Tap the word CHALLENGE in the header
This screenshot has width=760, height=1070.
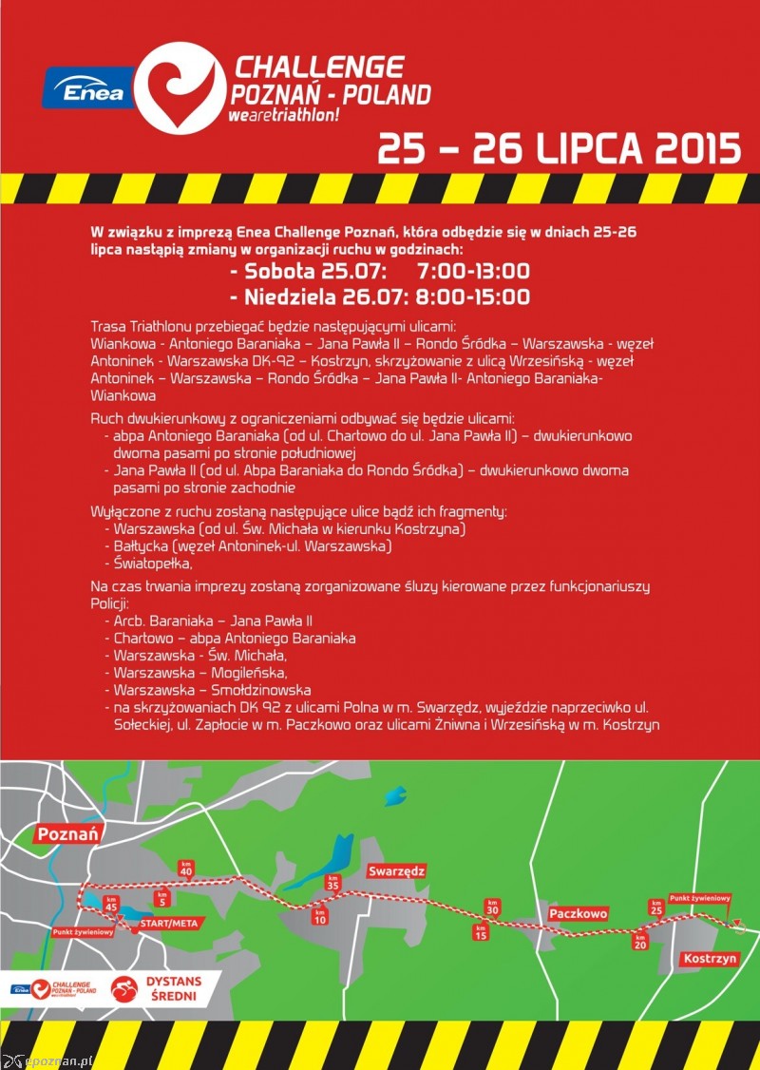click(319, 67)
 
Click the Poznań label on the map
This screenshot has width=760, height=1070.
click(68, 834)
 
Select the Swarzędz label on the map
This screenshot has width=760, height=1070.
click(398, 870)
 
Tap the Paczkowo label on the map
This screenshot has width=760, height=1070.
click(578, 913)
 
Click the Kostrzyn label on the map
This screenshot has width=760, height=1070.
click(710, 959)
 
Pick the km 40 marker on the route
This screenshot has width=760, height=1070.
click(186, 869)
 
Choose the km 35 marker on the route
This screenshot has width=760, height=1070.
click(332, 882)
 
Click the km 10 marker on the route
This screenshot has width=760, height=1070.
click(319, 917)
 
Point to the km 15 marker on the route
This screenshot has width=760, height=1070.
click(481, 932)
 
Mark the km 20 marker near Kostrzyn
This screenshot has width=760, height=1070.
click(639, 941)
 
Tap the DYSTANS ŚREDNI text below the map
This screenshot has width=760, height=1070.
click(178, 988)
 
